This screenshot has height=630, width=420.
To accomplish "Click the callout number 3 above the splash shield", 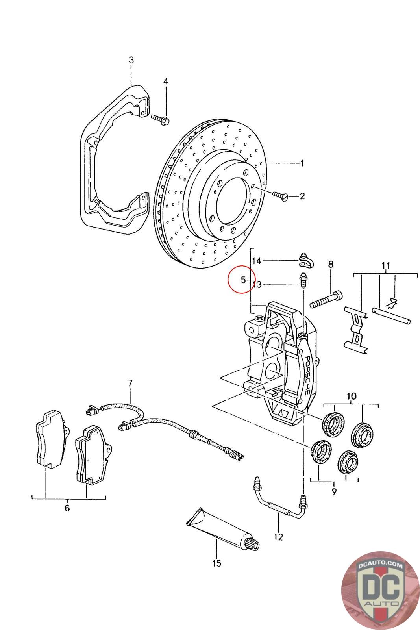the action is pyautogui.click(x=131, y=60).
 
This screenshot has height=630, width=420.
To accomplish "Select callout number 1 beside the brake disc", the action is pyautogui.click(x=302, y=163).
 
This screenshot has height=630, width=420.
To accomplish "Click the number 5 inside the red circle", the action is pyautogui.click(x=243, y=280).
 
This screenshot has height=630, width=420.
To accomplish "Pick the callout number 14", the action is pyautogui.click(x=256, y=261).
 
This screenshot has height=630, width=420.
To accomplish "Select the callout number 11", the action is pyautogui.click(x=386, y=265).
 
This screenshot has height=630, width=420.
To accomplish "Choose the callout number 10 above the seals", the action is pyautogui.click(x=352, y=396).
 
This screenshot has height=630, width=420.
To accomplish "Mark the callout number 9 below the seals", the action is pyautogui.click(x=334, y=492).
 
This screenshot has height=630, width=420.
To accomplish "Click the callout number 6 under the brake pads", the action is pyautogui.click(x=67, y=508).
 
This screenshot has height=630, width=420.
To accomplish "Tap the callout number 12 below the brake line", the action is pyautogui.click(x=278, y=537).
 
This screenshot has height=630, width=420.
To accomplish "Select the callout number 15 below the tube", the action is pyautogui.click(x=217, y=563).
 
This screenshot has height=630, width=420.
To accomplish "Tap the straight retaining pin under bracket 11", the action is pyautogui.click(x=391, y=316).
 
